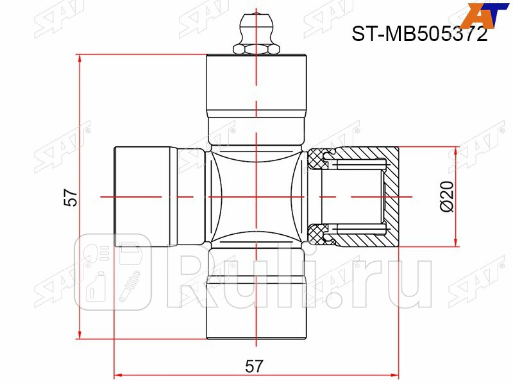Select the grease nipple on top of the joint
256,35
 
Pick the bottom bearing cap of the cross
256,308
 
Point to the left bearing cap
145,196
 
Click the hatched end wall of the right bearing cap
391,196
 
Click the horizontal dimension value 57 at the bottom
255,366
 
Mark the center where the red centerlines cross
256,196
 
